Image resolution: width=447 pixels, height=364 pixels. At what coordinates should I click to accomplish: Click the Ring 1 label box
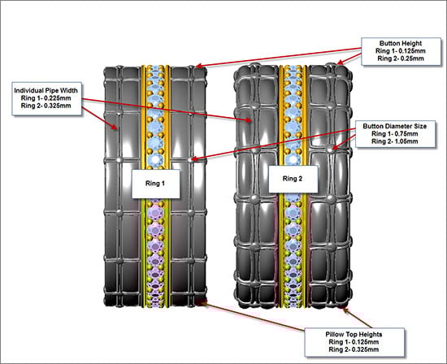[156, 184]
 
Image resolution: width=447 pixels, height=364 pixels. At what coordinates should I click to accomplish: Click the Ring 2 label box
[293, 179]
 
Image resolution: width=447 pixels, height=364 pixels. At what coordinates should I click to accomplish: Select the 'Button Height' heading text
[401, 43]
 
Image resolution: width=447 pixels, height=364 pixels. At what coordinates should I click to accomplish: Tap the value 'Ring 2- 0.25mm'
[401, 58]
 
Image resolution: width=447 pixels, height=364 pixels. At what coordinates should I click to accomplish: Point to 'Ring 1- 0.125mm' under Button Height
[401, 51]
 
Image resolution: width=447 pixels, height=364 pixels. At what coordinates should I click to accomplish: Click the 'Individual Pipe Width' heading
[46, 91]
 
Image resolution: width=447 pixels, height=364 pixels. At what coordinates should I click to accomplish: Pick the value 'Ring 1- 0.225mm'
[46, 98]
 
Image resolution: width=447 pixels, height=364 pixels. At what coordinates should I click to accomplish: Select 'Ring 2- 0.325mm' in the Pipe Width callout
[46, 106]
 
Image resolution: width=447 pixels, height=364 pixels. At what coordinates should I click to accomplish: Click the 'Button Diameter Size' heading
[395, 126]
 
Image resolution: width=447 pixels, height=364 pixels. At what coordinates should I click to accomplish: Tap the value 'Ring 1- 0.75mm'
[395, 134]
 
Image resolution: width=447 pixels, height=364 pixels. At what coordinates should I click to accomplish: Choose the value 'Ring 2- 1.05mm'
[395, 141]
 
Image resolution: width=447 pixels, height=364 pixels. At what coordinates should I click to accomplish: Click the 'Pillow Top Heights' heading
[354, 335]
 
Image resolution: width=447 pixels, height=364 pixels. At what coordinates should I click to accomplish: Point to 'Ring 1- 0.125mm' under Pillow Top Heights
[354, 342]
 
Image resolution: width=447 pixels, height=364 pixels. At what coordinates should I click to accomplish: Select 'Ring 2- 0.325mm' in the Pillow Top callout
[354, 349]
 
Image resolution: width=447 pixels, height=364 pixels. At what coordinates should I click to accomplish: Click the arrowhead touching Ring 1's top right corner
[199, 66]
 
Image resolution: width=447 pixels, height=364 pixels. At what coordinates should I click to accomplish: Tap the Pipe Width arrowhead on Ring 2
[249, 120]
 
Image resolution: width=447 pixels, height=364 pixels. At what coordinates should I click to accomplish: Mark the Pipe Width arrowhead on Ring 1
[115, 127]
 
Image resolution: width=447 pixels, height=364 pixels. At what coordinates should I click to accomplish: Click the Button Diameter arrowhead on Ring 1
[193, 159]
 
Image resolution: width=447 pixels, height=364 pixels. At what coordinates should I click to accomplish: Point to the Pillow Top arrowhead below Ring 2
[345, 310]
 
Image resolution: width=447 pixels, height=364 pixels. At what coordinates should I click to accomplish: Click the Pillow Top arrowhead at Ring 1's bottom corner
[203, 303]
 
